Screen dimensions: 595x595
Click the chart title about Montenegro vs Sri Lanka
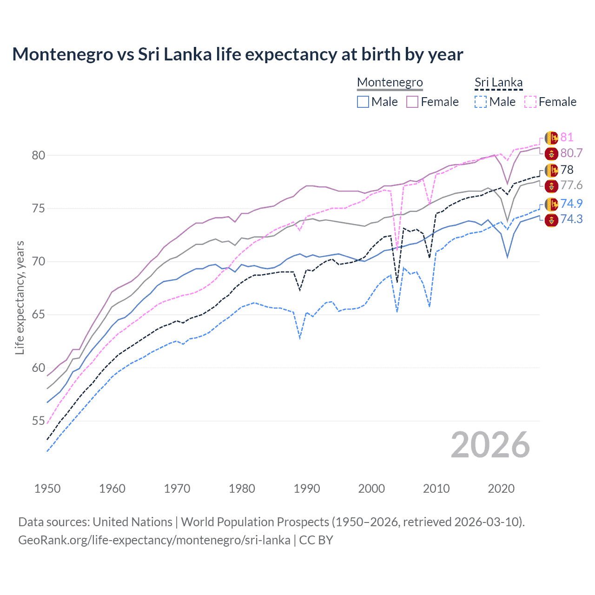[238, 54]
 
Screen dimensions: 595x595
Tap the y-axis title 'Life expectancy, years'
[20, 297]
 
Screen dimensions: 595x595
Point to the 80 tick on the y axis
[39, 155]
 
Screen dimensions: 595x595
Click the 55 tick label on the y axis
[39, 421]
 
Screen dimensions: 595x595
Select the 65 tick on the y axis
[39, 315]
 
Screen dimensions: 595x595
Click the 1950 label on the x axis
[47, 489]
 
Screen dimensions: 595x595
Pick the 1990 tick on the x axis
[307, 489]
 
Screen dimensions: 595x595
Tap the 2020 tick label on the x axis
[501, 489]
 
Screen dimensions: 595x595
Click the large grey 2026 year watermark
[490, 445]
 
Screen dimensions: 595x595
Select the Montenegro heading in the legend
[390, 82]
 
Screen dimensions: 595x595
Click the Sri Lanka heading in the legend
[498, 82]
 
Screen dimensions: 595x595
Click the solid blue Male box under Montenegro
[363, 102]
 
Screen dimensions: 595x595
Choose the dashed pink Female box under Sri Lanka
[530, 102]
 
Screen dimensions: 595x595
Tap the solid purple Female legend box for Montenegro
[412, 102]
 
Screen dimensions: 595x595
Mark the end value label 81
[567, 137]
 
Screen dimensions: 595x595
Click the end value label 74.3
[571, 219]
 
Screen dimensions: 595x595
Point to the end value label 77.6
[571, 185]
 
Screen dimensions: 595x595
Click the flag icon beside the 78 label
[551, 170]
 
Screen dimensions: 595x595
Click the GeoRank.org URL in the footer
[154, 540]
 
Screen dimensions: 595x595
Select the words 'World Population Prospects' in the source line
[255, 522]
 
